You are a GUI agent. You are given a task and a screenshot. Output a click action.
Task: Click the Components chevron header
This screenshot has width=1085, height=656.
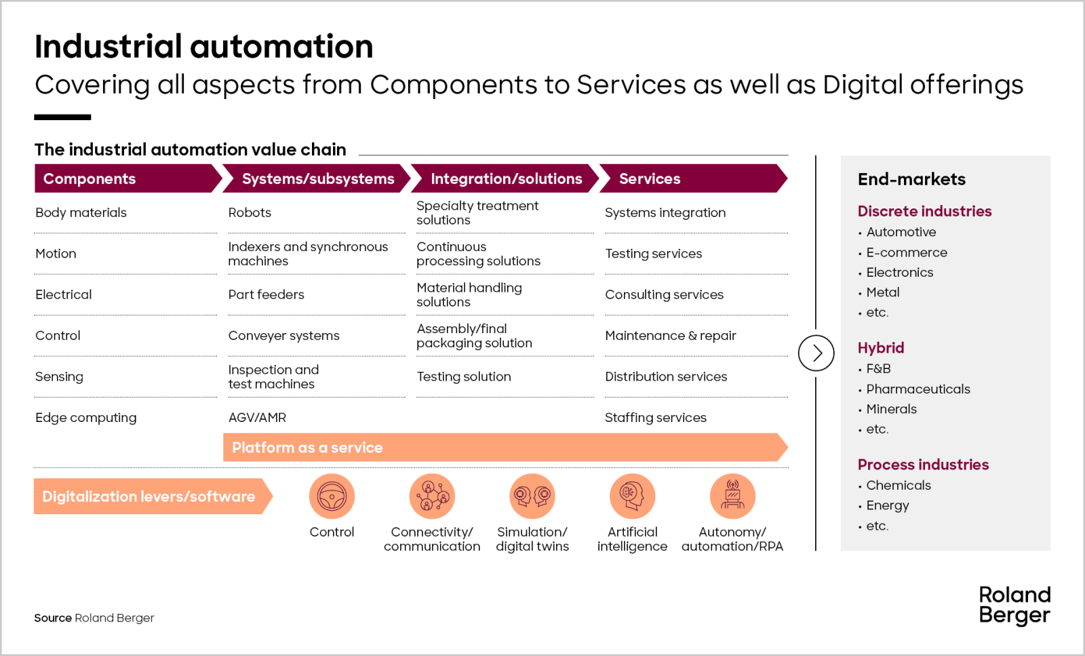(x=125, y=178)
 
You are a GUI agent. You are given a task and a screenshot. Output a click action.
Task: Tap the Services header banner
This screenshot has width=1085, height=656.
(x=692, y=178)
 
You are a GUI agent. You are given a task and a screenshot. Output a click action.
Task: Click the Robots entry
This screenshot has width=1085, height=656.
(x=250, y=213)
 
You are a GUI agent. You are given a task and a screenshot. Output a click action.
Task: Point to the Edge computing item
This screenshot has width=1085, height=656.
(x=85, y=418)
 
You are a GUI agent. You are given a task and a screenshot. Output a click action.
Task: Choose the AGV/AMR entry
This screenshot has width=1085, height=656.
(x=257, y=418)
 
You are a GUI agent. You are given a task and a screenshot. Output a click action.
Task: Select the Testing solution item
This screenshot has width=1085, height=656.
(x=464, y=377)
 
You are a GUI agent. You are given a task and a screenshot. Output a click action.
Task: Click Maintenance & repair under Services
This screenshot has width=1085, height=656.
(x=670, y=336)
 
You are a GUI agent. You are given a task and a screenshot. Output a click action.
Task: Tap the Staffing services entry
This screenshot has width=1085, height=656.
(x=655, y=418)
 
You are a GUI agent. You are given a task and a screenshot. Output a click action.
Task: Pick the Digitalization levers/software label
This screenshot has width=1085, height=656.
(x=149, y=497)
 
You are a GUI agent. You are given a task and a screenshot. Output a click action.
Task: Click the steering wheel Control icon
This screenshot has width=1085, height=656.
(x=332, y=497)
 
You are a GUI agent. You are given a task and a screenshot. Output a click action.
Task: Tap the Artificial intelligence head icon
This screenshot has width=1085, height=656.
(x=632, y=497)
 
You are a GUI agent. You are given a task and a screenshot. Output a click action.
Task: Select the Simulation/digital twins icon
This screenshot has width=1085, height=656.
(x=532, y=497)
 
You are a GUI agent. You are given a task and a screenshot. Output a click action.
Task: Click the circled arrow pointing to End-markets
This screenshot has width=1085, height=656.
(x=816, y=353)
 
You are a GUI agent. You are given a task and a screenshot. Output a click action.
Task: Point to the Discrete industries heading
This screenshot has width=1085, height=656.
(x=924, y=212)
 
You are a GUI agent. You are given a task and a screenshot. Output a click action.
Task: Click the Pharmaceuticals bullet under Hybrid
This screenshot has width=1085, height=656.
(x=918, y=389)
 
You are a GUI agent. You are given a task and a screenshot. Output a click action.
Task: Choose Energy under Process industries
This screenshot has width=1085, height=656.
(x=887, y=505)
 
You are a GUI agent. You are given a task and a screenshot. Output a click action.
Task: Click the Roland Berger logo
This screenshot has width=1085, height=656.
(x=1014, y=605)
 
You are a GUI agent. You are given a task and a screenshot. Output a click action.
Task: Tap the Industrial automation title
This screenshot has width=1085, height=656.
(x=203, y=47)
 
